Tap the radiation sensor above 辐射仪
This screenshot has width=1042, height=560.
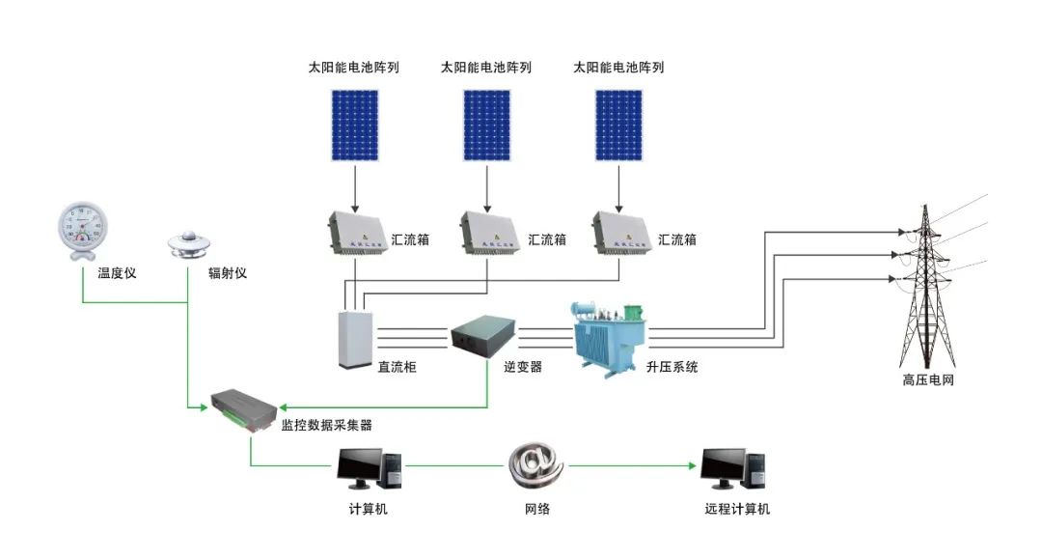pos(189,244)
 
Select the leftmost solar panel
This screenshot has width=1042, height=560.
pos(355,126)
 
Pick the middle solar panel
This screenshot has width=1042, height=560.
pos(487,126)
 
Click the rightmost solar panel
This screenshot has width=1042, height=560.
pos(618,126)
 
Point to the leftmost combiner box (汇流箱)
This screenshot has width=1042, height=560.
pos(358,233)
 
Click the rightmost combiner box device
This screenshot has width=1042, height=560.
pos(621,233)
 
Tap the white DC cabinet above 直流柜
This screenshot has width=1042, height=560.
pos(355,339)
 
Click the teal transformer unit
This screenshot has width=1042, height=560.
pos(609,339)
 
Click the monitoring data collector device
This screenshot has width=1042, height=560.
pos(244,411)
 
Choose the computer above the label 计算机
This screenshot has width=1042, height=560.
pos(370,469)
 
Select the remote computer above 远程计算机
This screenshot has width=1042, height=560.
pos(733,469)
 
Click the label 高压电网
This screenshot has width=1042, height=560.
pos(928,380)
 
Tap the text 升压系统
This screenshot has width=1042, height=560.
pos(672,367)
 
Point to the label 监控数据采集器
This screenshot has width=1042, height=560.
pos(326,425)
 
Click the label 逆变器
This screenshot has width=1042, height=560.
pos(522,367)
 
